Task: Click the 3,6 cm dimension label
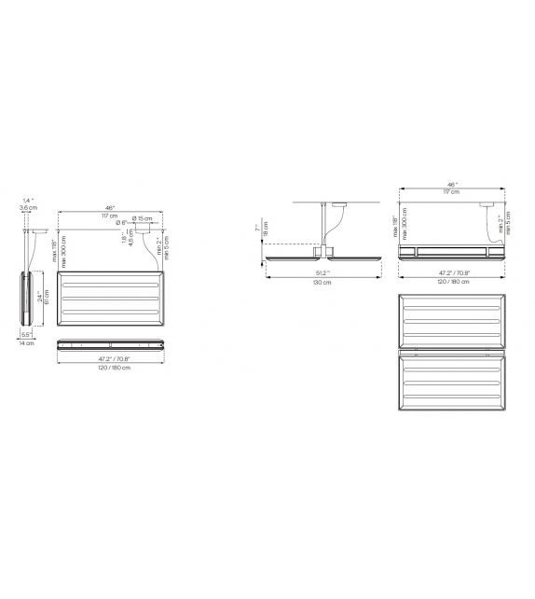point(28,208)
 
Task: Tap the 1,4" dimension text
point(28,200)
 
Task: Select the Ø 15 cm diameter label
point(143,217)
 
